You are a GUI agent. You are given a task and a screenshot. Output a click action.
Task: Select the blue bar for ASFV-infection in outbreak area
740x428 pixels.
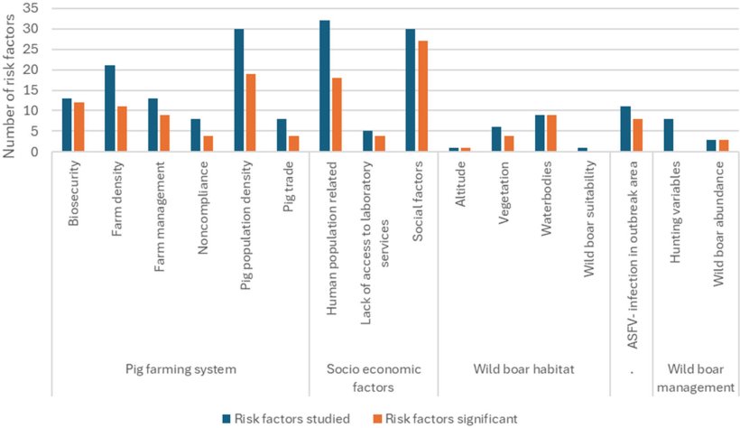624,129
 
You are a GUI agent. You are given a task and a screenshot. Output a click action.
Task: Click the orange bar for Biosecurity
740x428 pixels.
79,127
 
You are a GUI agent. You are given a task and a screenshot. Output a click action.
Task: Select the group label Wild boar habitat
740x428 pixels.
523,368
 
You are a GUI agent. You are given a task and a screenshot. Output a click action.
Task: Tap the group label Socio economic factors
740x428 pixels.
373,377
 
